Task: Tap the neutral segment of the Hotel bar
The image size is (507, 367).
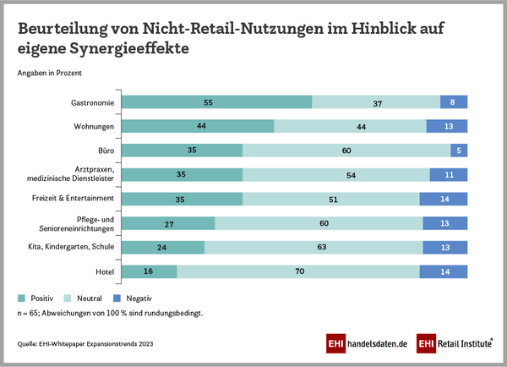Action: [x=297, y=271]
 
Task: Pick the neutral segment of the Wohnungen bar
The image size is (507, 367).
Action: [x=350, y=127]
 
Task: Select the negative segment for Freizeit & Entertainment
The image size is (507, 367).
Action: [x=444, y=200]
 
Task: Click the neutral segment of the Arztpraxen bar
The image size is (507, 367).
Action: [x=335, y=175]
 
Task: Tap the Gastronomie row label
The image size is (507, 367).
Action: [x=94, y=103]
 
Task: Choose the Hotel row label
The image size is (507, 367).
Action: [x=105, y=272]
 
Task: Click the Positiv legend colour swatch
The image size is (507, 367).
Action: [x=21, y=299]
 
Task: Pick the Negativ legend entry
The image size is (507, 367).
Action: [x=139, y=299]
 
